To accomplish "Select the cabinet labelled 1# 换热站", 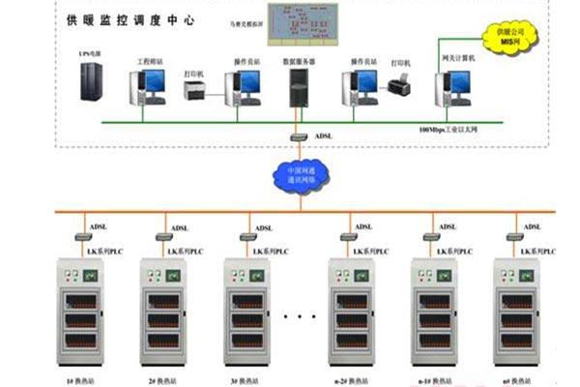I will (x=79, y=310).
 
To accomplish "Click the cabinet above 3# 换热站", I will (x=246, y=310).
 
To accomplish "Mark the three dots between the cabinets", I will (x=302, y=316).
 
